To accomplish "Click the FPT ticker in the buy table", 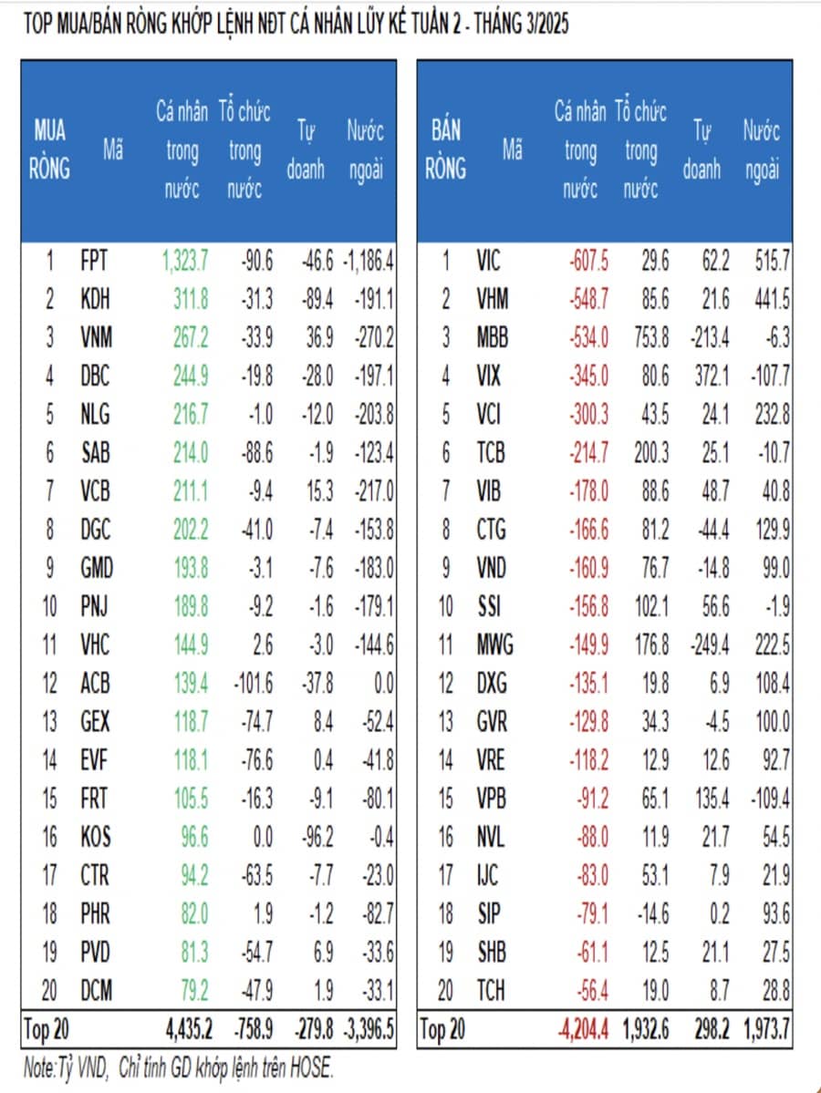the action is pos(94,261).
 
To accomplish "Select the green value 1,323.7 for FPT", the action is pos(185,261).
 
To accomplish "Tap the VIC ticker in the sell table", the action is pos(488,261).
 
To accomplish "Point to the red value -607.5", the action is pos(588,261).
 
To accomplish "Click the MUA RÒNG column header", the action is pos(49,150).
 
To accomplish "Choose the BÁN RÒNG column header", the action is pos(446,150).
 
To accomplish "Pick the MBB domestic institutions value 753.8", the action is pos(651,337).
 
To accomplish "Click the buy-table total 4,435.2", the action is pos(189,1029).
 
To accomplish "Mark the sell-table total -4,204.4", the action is pos(583,1029).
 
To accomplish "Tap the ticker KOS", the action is pos(96,837).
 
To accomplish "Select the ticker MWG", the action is pos(494,644).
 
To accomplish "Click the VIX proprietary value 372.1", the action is pos(712,376).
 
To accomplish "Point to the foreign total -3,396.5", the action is pos(369,1029).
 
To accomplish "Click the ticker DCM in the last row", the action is pos(97,990).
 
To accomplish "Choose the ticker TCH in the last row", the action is pos(491,990).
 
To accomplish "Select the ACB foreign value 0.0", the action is pos(384,683).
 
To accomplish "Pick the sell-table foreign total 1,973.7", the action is pos(766,1029).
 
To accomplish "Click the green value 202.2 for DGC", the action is pos(191,530).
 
